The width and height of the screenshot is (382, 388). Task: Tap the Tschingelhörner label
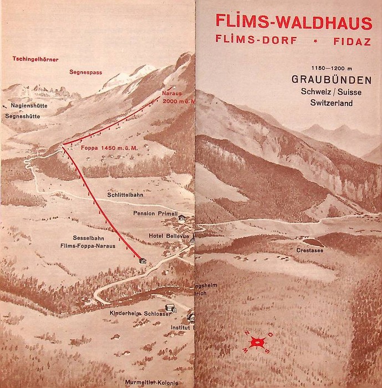36,58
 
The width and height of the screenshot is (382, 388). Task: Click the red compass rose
256,342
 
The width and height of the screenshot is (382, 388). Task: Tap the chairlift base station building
142,260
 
